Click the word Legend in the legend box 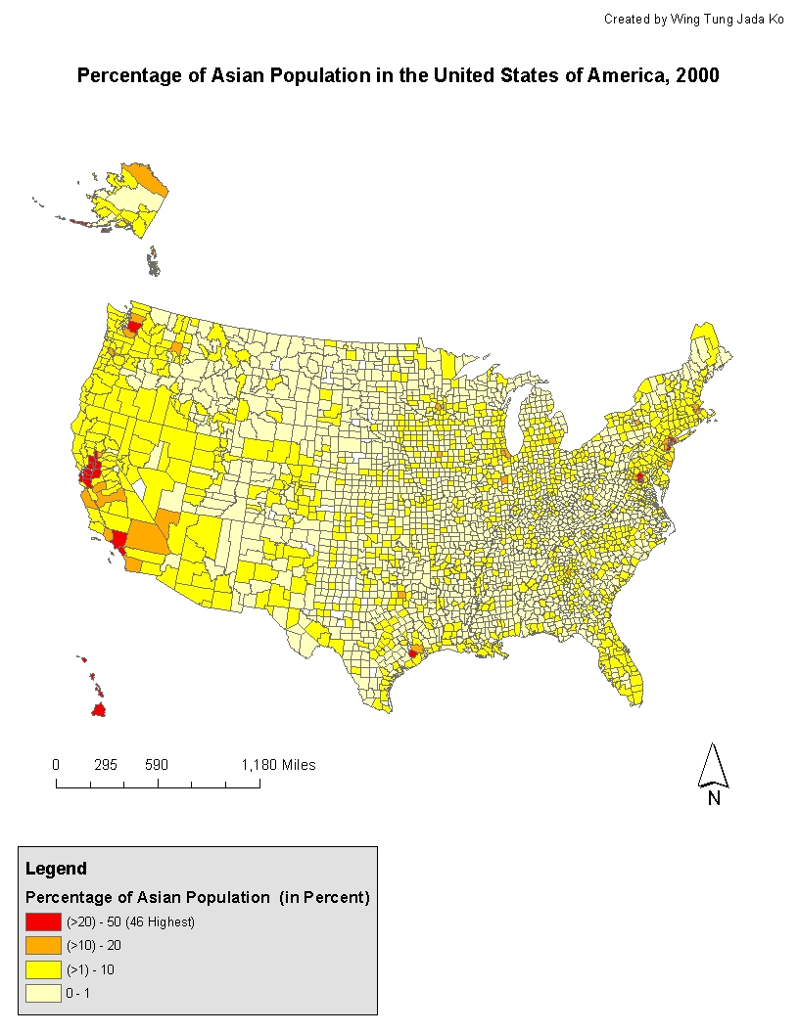(x=56, y=869)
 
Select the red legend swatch (x=43, y=921)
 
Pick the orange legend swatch (x=43, y=946)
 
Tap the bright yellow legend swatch (x=43, y=969)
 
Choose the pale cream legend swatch (x=43, y=993)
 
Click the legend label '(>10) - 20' (x=94, y=946)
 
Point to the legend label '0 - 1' (x=80, y=993)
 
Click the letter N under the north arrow (x=714, y=798)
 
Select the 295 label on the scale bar (x=106, y=765)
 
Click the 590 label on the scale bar (x=157, y=765)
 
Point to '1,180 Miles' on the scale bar (x=278, y=765)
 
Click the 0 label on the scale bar (x=56, y=765)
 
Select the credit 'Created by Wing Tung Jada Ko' (x=693, y=20)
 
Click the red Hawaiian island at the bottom (x=98, y=710)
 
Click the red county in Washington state (x=134, y=326)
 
